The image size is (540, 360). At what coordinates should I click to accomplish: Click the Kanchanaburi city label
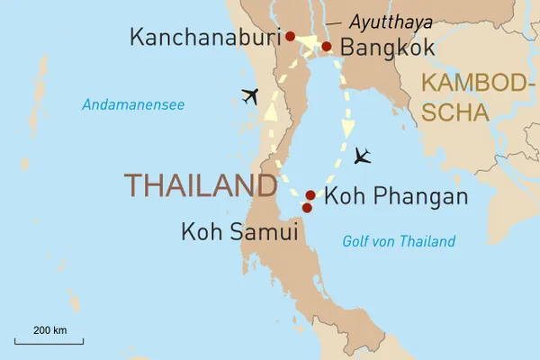tap(204, 37)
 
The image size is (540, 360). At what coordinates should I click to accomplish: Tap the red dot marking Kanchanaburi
tap(290, 37)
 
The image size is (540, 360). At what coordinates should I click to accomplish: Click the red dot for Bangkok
tap(327, 47)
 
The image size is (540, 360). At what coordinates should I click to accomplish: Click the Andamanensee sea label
tap(133, 105)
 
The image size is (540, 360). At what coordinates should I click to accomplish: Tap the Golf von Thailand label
tap(399, 241)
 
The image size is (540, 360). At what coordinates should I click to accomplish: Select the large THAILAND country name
tap(200, 185)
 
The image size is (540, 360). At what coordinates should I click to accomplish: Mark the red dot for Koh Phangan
tap(310, 195)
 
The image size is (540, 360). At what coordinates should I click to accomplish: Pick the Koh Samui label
tap(238, 231)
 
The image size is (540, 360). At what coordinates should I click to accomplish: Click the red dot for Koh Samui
tap(307, 208)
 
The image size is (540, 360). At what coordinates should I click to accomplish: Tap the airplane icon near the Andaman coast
tap(249, 96)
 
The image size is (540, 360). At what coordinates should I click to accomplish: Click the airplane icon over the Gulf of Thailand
tap(363, 157)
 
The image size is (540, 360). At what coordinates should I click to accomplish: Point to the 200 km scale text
tap(49, 330)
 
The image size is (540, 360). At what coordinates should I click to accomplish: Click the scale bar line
tap(49, 342)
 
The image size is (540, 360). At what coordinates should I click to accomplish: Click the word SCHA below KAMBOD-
tap(455, 112)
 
